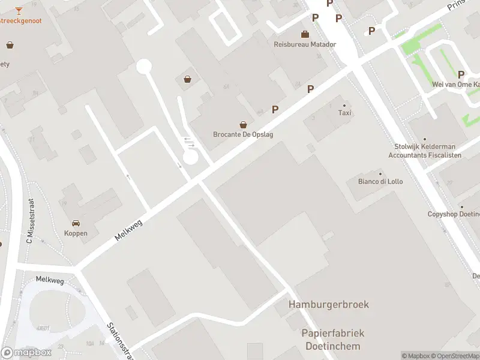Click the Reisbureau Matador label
point(305,44)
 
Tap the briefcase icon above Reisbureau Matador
point(305,34)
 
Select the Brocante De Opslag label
point(243,134)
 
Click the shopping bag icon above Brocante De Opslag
point(243,125)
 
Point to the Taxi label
point(344,113)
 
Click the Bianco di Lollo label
point(380,181)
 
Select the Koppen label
point(76,233)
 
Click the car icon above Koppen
point(76,223)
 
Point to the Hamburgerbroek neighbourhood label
point(329,304)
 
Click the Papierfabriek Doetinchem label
point(333,340)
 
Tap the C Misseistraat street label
point(29,221)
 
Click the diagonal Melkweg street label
point(129,230)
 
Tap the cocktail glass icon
point(19,10)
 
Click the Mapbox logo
point(26,353)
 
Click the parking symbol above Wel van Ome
point(461,74)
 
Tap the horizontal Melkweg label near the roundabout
point(49,279)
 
